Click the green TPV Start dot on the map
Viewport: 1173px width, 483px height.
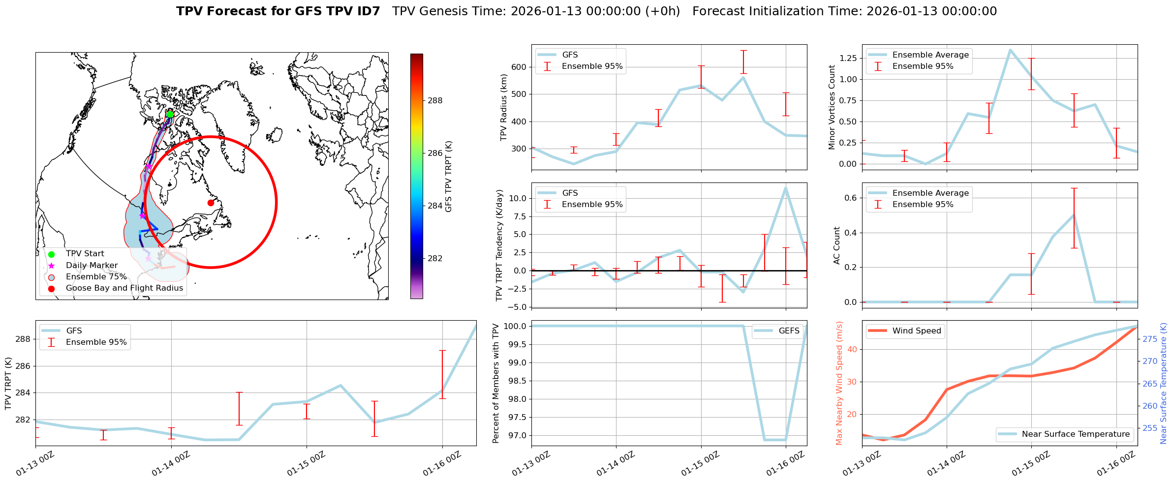coord(170,115)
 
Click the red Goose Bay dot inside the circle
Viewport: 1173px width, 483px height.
coord(211,203)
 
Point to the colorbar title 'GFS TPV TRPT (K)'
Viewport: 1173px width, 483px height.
coord(448,177)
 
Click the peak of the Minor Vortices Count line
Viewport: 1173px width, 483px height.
coord(1010,50)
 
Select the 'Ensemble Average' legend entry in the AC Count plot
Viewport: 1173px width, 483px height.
coord(930,193)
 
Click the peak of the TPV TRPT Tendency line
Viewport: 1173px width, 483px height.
coord(786,187)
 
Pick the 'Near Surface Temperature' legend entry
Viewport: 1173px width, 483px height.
coord(1075,434)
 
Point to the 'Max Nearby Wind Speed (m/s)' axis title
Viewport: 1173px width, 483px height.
coord(839,383)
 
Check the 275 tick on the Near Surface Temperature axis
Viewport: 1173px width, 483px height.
coord(1150,339)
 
